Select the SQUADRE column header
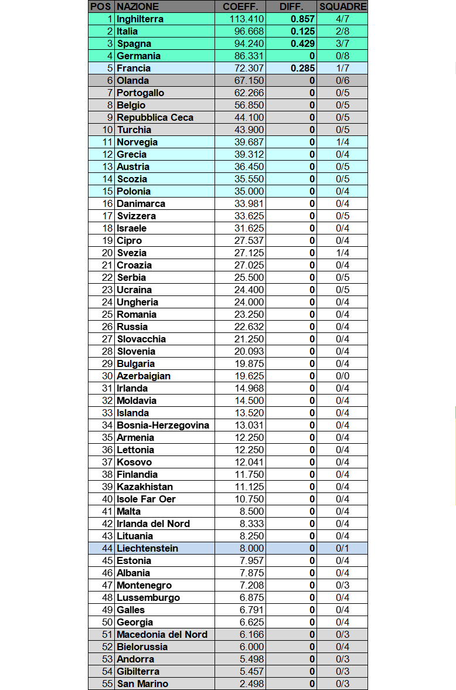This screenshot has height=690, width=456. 343,6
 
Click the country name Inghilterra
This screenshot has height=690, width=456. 140,19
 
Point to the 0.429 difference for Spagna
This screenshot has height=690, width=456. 303,43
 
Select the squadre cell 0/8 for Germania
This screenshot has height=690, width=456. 343,56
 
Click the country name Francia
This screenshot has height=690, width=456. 134,68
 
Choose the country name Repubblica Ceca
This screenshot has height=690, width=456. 155,117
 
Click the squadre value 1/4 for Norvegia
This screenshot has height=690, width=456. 343,142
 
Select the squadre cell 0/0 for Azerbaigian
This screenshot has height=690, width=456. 343,376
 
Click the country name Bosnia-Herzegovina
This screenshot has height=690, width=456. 163,425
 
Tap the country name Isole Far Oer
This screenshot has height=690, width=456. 146,499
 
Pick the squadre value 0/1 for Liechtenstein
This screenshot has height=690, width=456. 343,548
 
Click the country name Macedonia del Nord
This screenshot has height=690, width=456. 162,634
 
